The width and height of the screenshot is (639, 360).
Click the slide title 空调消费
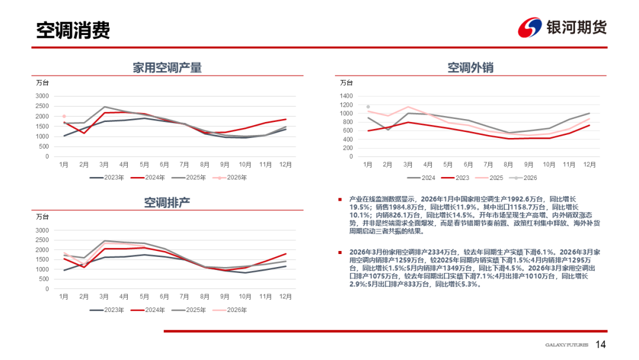73,31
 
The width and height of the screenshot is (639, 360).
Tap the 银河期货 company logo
563,27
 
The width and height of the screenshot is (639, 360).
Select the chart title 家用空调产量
167,67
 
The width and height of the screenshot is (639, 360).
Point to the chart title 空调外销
470,67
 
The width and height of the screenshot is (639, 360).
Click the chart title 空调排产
167,202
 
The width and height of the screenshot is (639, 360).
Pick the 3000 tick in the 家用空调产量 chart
42,96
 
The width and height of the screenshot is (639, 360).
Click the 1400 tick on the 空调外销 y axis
347,96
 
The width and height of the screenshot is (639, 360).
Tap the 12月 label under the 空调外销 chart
589,163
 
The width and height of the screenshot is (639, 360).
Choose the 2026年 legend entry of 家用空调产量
232,177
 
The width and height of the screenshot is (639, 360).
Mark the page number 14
601,345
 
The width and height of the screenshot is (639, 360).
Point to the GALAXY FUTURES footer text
566,345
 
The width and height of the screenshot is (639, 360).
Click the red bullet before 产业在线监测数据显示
340,200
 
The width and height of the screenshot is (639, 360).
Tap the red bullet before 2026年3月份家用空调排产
340,252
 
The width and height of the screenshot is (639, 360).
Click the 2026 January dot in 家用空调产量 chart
64,117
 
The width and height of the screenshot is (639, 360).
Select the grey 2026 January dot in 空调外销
368,107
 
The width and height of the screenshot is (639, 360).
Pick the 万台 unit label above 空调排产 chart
43,217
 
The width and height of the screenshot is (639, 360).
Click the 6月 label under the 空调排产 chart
164,296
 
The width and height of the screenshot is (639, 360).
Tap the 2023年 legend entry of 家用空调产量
106,177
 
